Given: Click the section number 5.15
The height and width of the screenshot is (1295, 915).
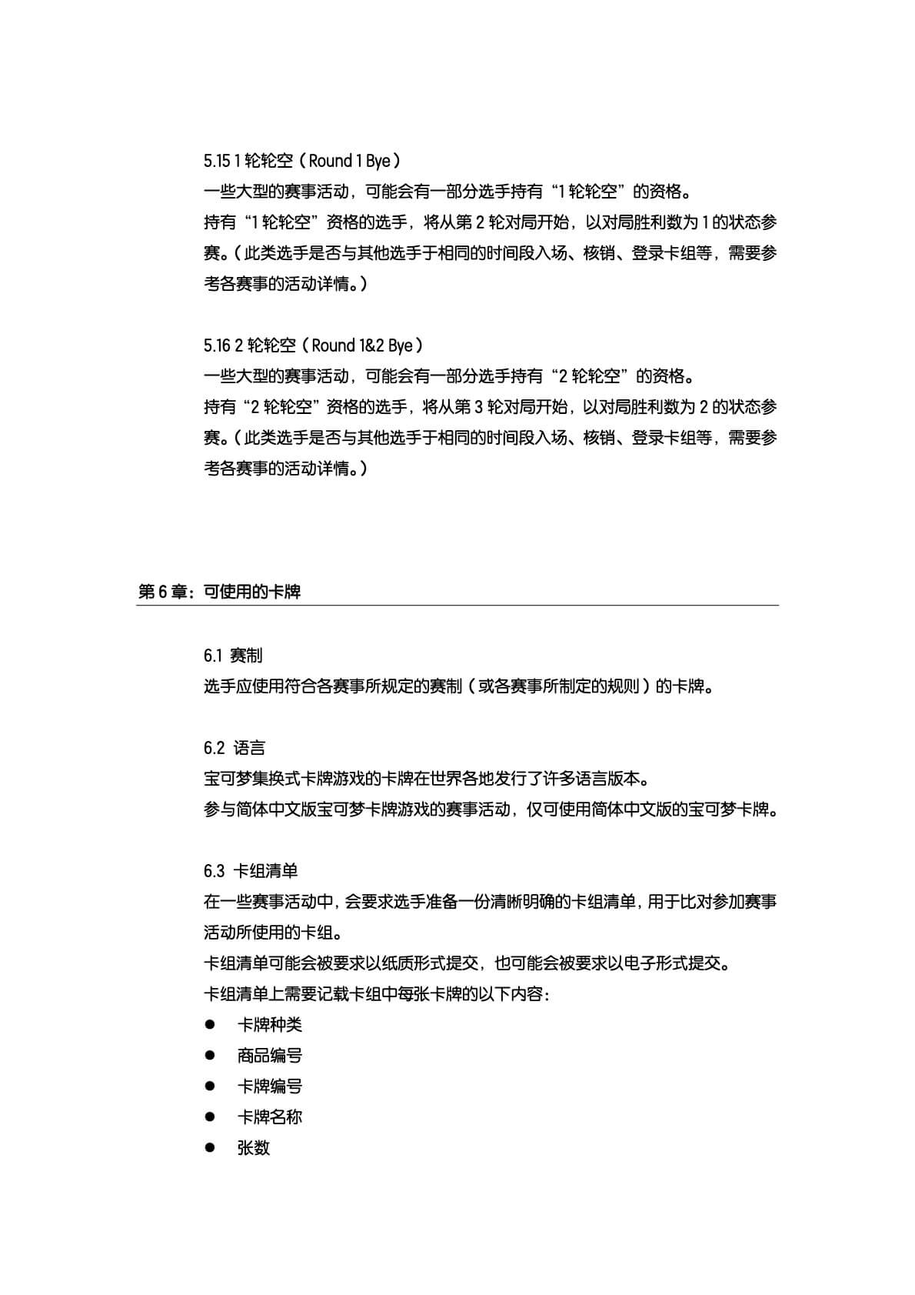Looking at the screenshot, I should pos(217,161).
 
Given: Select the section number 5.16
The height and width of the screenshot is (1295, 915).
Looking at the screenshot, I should pos(218,345).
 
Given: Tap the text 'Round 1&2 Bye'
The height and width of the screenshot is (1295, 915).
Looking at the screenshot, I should pos(362,345).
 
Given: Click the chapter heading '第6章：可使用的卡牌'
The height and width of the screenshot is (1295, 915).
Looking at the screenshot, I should pos(218,592).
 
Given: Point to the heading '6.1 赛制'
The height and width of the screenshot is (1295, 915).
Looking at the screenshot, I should pos(233,656).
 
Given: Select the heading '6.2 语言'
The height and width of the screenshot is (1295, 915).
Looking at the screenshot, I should pos(235,748).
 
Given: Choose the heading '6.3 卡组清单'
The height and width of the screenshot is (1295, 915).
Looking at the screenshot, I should pos(251,871).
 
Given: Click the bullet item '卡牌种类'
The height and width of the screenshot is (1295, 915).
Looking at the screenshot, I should pos(270,1025).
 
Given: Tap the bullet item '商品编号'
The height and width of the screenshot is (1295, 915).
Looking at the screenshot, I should pos(270,1056).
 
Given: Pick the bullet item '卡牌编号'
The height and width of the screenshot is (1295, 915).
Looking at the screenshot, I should pos(270,1086).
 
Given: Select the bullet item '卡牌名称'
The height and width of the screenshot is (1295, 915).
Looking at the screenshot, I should pos(270,1117).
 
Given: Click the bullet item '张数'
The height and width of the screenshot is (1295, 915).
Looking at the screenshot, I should pos(254,1148).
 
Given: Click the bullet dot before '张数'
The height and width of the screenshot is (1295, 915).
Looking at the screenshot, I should pos(209,1148).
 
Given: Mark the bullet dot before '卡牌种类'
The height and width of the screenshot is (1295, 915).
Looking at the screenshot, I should pos(209,1025).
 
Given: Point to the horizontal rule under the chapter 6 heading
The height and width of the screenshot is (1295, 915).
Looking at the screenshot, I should pos(457,606).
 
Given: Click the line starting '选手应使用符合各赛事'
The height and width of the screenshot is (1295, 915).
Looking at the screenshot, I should pos(460,686).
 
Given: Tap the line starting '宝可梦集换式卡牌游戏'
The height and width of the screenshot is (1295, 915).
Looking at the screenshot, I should pos(427,779).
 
